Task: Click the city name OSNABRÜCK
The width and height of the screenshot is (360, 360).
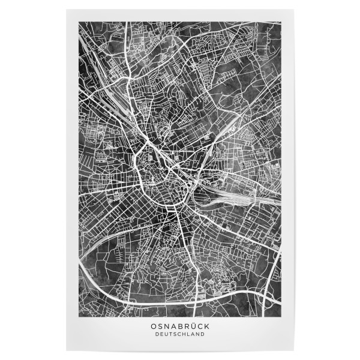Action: tap(180, 326)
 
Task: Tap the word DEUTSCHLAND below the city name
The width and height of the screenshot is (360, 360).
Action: tap(180, 334)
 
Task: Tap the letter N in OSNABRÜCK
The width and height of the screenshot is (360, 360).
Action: tap(166, 326)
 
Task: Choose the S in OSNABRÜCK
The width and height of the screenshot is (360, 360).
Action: tap(160, 326)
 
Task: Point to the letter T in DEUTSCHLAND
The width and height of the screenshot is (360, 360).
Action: tap(170, 334)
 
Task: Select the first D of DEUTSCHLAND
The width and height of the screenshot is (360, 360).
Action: tap(157, 334)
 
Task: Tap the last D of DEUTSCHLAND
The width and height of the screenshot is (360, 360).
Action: tap(203, 334)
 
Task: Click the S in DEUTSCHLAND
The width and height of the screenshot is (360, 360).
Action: tap(175, 334)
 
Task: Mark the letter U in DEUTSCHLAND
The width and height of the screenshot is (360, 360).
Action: tap(166, 334)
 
